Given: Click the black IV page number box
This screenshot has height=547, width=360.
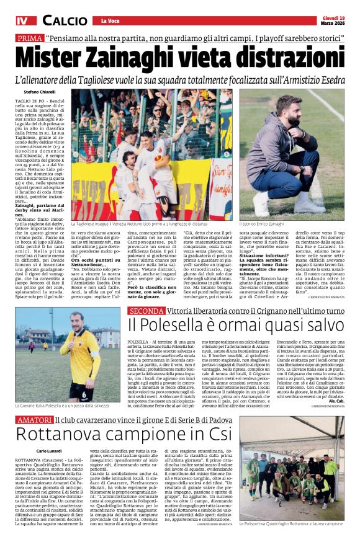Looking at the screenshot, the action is click(22, 20).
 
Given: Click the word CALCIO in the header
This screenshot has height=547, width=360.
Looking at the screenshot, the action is click(65, 20).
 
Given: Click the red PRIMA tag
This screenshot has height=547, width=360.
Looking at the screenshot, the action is click(30, 38).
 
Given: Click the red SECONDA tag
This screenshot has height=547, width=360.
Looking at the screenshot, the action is click(147, 310).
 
